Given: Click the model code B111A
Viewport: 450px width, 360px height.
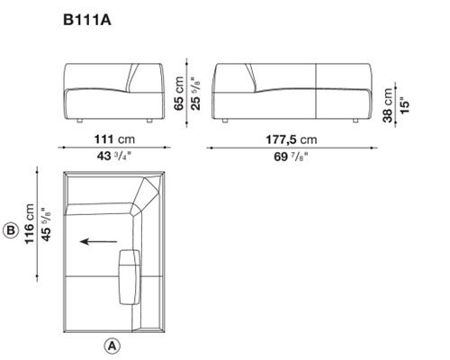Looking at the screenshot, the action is pyautogui.click(x=87, y=20).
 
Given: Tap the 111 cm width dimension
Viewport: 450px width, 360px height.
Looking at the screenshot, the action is pyautogui.click(x=114, y=139).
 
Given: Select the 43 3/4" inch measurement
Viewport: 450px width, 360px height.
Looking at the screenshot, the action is pyautogui.click(x=114, y=156).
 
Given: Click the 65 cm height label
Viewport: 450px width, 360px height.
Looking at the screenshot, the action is pyautogui.click(x=179, y=94).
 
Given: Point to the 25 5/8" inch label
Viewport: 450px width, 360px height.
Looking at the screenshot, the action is pyautogui.click(x=196, y=94).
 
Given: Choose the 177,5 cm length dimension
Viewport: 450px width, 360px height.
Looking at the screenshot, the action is pyautogui.click(x=292, y=139).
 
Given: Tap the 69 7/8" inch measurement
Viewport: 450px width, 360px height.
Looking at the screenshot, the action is pyautogui.click(x=291, y=157).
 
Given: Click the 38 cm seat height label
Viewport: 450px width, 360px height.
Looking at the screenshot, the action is pyautogui.click(x=388, y=105).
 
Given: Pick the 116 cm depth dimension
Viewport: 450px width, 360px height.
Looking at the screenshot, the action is pyautogui.click(x=30, y=224).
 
